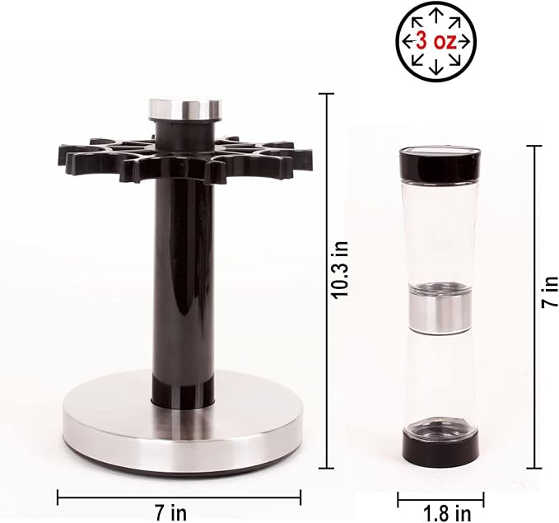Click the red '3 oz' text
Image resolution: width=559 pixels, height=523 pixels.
[x=436, y=42]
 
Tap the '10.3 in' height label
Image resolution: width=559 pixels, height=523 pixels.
[x=339, y=270]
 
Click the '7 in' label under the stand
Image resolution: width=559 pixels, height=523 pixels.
[x=170, y=513]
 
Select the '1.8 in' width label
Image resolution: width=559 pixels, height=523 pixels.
[x=447, y=514]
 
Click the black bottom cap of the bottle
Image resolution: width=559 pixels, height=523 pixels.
[x=440, y=446]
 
